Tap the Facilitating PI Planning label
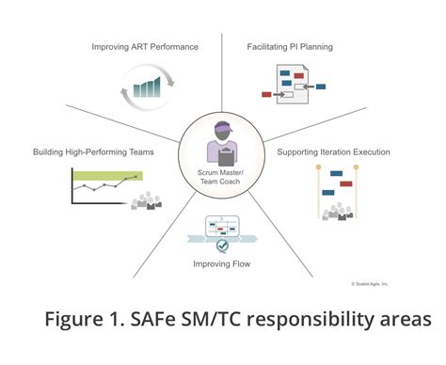pyautogui.click(x=290, y=46)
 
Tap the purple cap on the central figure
pyautogui.click(x=223, y=128)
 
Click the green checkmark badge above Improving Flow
pyautogui.click(x=222, y=246)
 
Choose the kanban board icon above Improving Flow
pyautogui.click(x=223, y=228)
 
